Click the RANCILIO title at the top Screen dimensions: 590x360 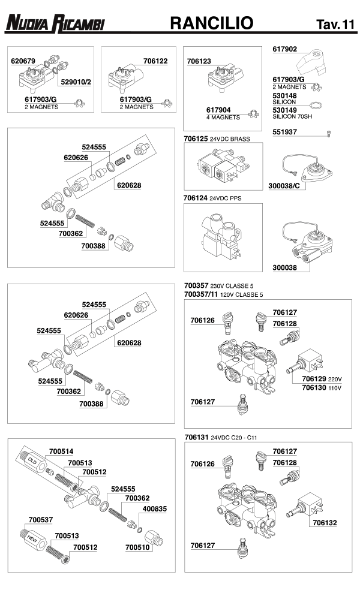[212, 23]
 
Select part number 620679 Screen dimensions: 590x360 [23, 61]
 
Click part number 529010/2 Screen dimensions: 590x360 [76, 80]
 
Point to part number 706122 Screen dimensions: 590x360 [155, 61]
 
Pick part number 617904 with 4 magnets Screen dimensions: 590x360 [218, 110]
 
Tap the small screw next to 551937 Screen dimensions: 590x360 [329, 133]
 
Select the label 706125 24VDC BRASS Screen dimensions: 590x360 [217, 139]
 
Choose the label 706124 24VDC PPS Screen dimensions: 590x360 [214, 198]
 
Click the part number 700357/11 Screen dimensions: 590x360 [200, 294]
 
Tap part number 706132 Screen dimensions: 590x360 [324, 523]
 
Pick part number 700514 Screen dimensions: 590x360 [61, 451]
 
